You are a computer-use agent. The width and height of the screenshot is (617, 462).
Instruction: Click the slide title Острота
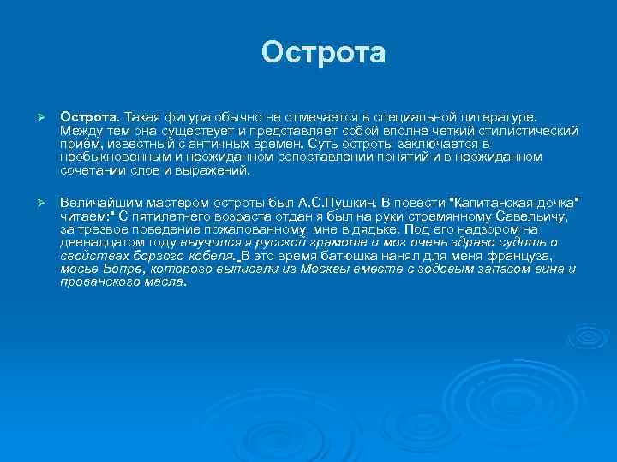click(x=324, y=52)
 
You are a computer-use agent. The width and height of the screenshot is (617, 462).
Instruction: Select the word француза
click(x=527, y=256)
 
